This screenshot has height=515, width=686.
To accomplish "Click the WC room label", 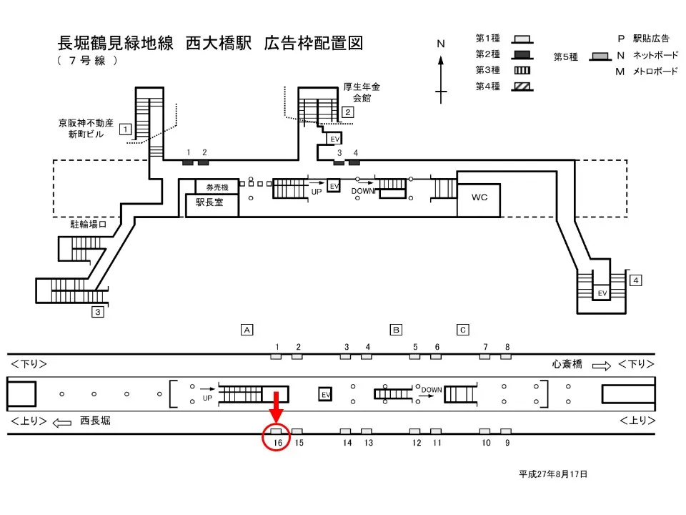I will click(479, 197).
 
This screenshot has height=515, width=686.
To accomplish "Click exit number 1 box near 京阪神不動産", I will click(125, 129).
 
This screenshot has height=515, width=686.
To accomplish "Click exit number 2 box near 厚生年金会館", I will click(347, 112).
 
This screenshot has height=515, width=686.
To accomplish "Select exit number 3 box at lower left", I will click(98, 312).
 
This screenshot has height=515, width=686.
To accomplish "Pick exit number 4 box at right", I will click(635, 280).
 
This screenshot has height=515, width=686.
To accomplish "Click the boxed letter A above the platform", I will click(247, 330).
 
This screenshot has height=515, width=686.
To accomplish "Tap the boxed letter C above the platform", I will click(463, 330).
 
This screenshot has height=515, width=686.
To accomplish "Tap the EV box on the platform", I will click(325, 394).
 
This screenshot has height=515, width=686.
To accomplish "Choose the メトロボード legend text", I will click(650, 72).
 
